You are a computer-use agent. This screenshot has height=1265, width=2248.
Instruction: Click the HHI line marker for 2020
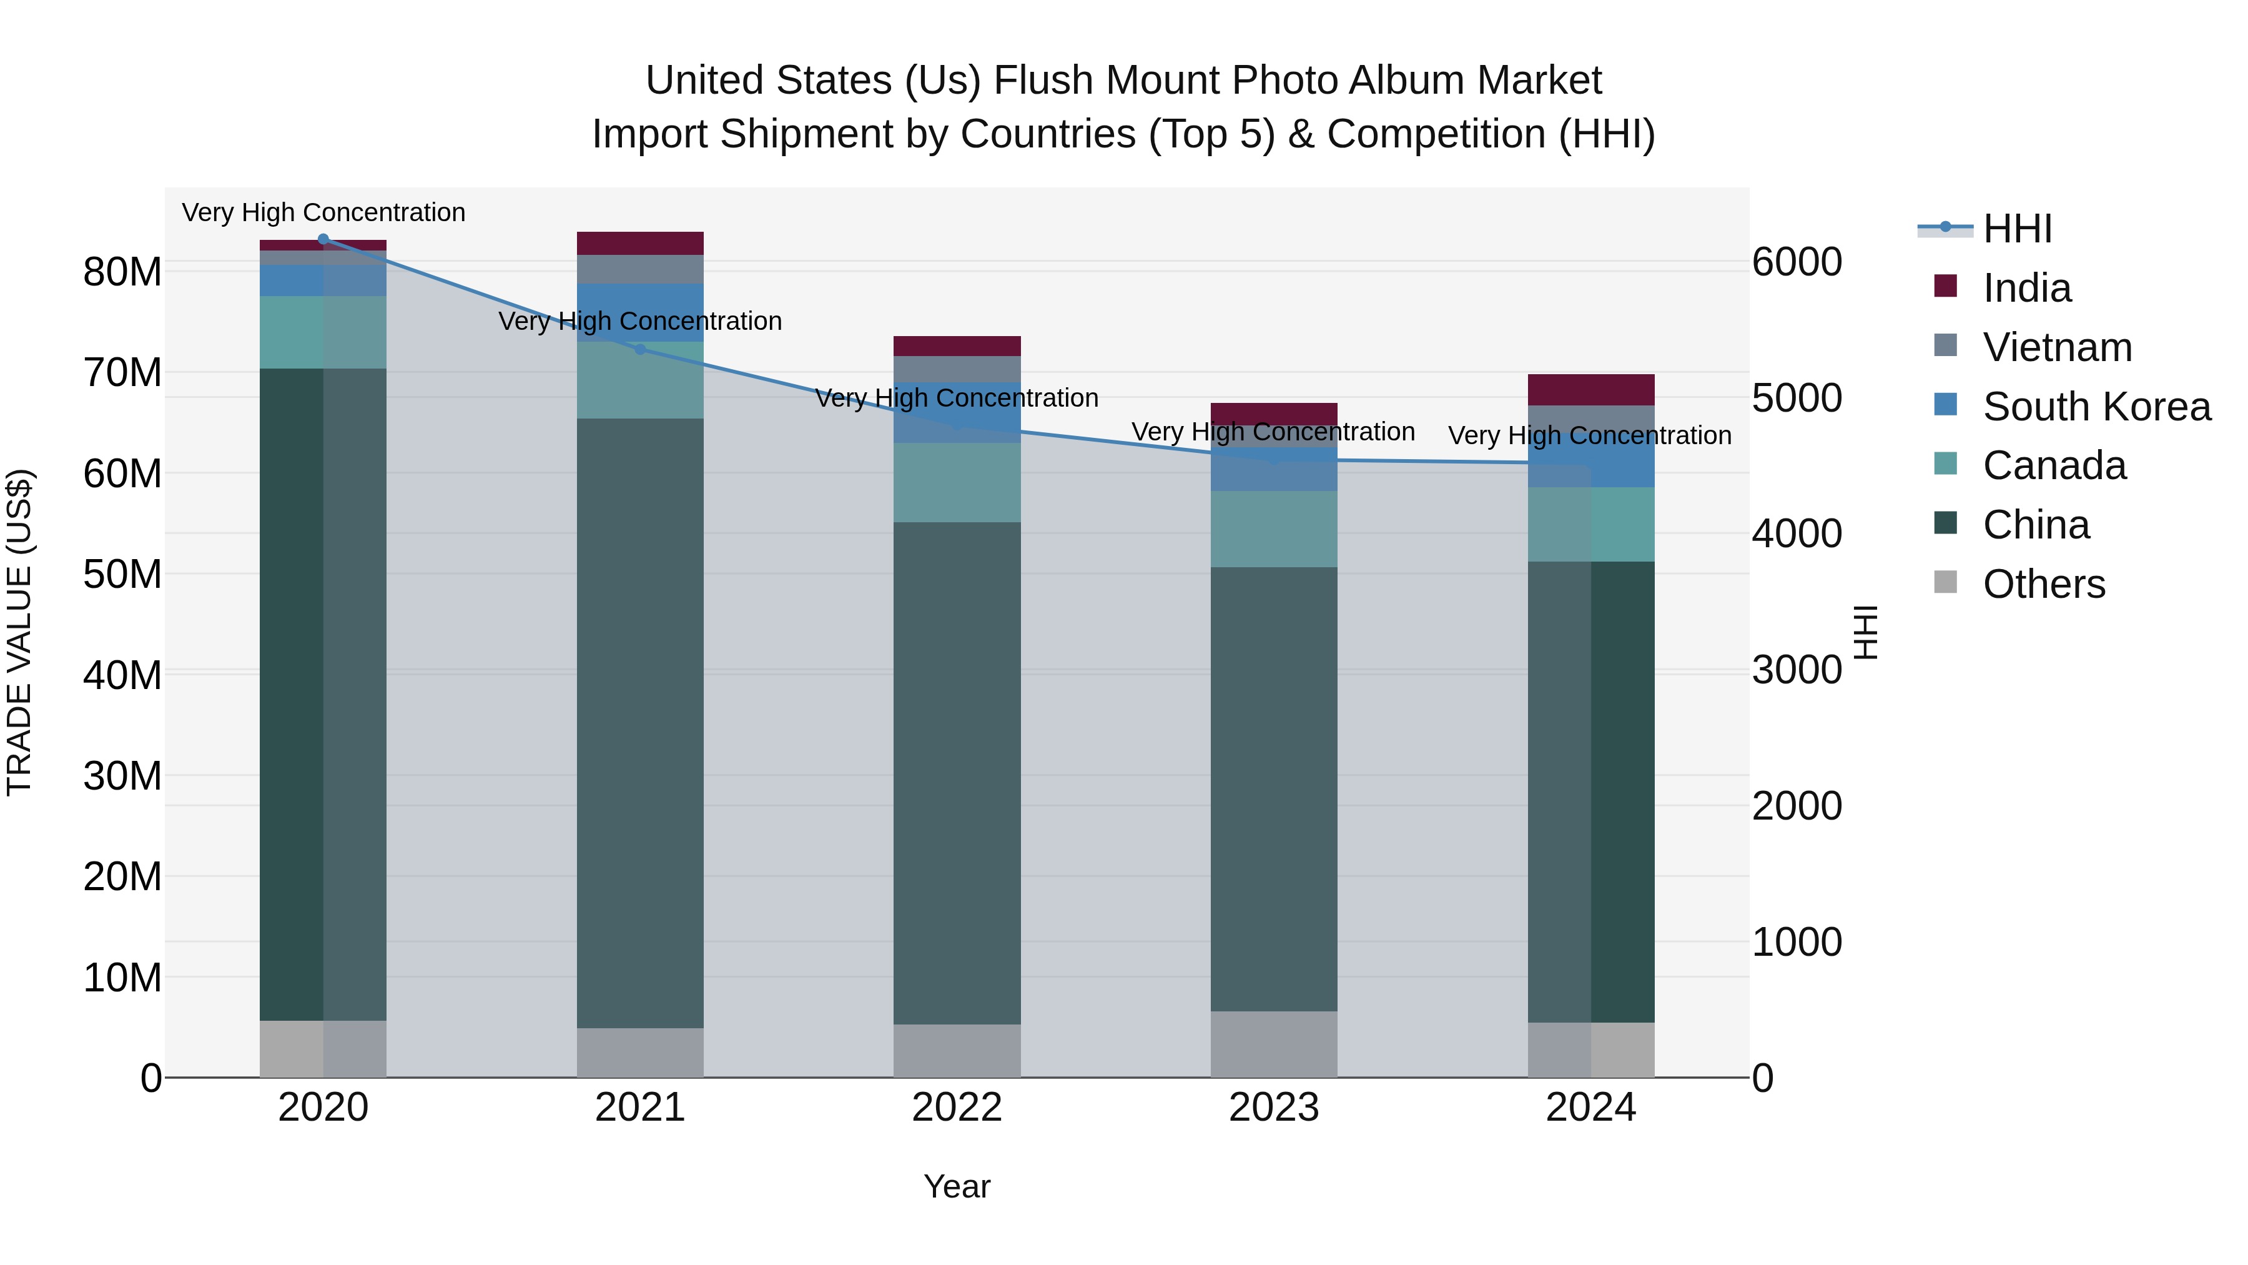click(323, 239)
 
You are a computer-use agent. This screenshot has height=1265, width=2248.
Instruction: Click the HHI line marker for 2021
click(639, 349)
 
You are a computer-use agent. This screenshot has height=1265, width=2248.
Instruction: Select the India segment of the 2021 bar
click(639, 244)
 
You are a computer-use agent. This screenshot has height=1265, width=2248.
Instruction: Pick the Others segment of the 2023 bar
click(1273, 1044)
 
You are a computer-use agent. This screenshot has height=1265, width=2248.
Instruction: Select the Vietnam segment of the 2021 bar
click(639, 269)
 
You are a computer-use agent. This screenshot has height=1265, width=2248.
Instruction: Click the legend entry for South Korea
click(2096, 407)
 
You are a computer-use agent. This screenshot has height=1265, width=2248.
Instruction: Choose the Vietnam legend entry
click(2057, 347)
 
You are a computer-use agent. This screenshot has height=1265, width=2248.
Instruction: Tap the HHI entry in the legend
click(2017, 229)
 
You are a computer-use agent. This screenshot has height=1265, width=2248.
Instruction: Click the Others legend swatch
click(1945, 582)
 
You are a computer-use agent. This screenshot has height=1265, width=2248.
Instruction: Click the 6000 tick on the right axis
click(1796, 262)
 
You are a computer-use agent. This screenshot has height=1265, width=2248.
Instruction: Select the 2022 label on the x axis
click(957, 1108)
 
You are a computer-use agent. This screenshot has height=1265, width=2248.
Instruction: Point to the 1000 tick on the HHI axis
click(1796, 942)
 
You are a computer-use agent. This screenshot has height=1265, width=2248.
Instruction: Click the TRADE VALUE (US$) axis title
click(19, 632)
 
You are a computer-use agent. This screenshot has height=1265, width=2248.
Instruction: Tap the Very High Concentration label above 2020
click(323, 212)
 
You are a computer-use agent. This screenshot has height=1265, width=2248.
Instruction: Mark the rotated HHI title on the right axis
click(1864, 632)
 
